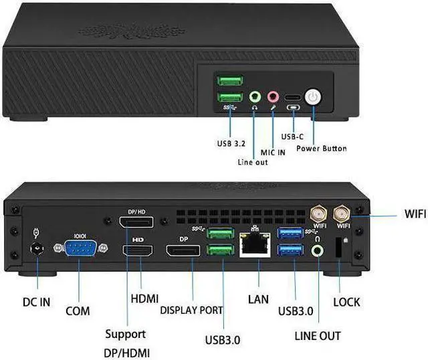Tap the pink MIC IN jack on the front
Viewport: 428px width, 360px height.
click(273, 97)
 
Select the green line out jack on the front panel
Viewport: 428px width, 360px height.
click(254, 97)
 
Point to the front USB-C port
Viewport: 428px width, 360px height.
click(293, 97)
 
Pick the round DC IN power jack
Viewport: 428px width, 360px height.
click(37, 250)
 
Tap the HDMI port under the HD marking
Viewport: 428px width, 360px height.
click(140, 254)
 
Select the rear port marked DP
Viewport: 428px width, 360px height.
click(183, 253)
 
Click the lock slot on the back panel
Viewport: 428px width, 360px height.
click(338, 249)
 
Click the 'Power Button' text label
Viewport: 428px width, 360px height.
click(321, 148)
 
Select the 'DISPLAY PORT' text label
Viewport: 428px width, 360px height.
click(191, 310)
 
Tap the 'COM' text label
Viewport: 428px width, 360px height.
click(78, 311)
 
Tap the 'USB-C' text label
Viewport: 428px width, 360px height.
click(292, 136)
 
